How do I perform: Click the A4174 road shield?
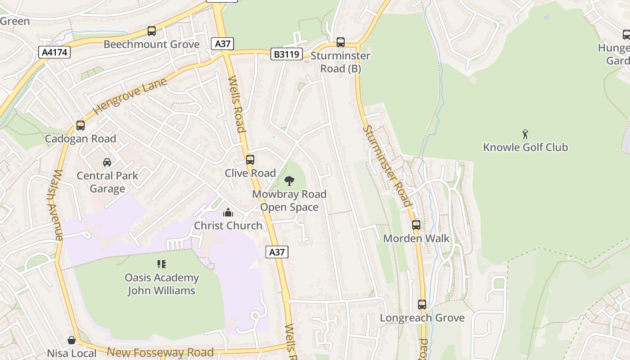[x=54, y=52]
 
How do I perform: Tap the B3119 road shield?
[x=287, y=54]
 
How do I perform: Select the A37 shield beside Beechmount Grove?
[x=222, y=44]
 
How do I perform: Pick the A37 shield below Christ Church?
[x=277, y=252]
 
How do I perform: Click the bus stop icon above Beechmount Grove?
[x=152, y=31]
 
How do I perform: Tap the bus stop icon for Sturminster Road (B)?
[x=341, y=42]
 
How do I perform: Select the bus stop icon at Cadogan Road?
[x=81, y=126]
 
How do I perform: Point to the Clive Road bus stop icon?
[x=250, y=160]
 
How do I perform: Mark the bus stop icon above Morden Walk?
[x=416, y=225]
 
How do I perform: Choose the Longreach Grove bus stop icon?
[x=422, y=305]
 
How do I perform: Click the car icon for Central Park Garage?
[x=107, y=162]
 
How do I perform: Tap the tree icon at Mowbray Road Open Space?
[x=289, y=181]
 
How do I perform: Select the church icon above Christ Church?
[x=228, y=212]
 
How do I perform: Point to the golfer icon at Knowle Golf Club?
[x=525, y=134]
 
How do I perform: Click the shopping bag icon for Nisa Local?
[x=72, y=340]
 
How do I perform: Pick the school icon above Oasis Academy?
[x=162, y=264]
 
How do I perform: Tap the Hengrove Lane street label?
[x=130, y=96]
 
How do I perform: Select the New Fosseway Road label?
[x=160, y=352]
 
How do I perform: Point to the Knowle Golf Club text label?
[x=525, y=147]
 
